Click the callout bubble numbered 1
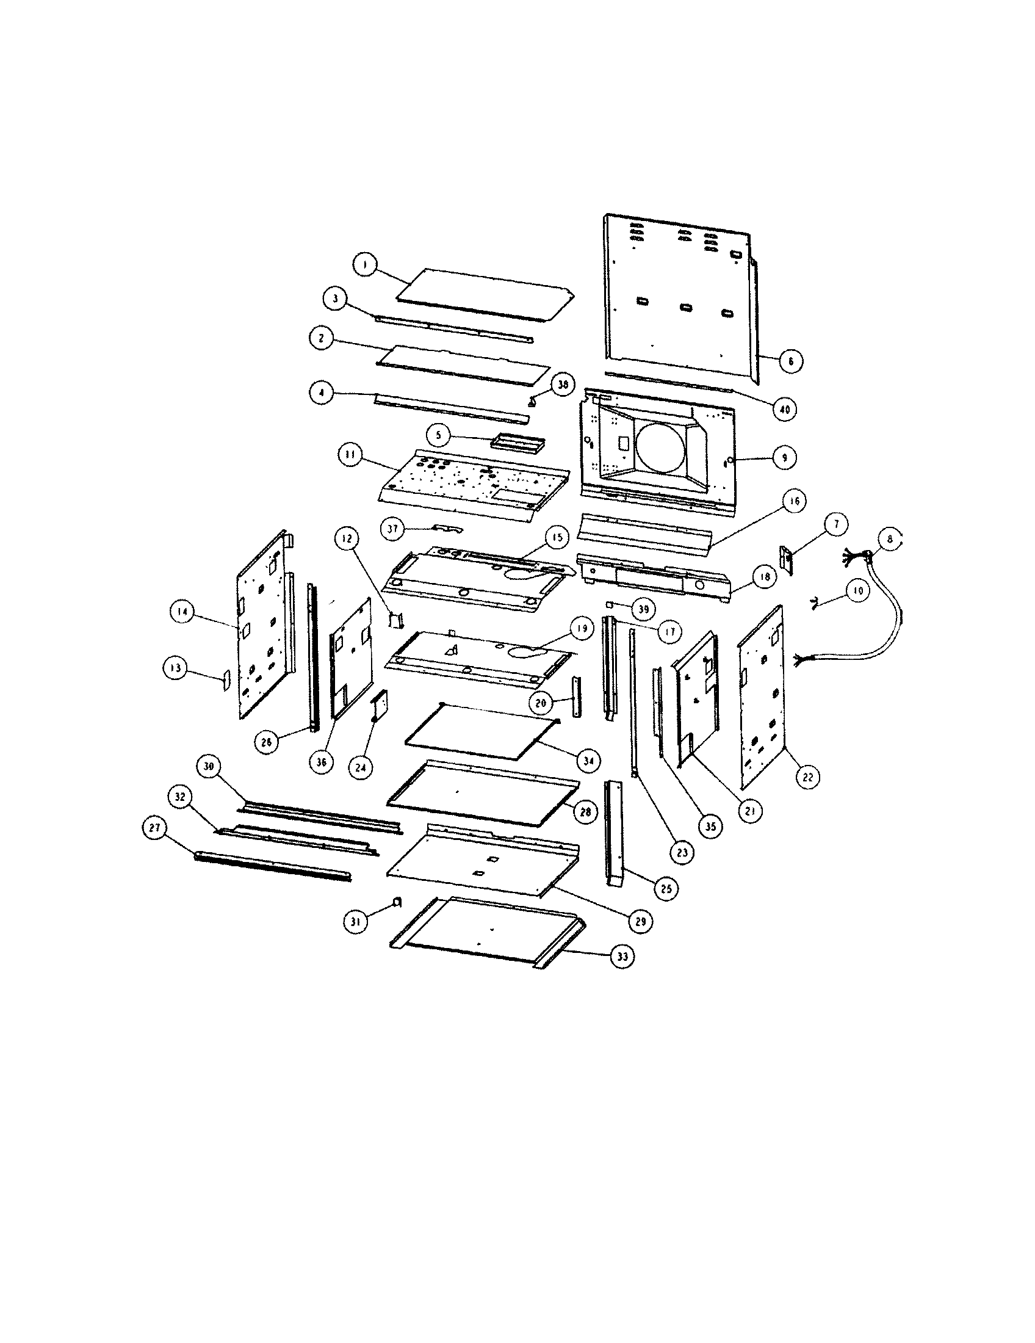point(364,265)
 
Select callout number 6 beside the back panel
point(790,361)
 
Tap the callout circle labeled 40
point(785,409)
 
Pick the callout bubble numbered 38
point(563,385)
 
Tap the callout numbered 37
point(392,529)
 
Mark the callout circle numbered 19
point(582,628)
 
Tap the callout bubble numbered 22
point(807,777)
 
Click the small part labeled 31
point(397,902)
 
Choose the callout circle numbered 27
point(154,828)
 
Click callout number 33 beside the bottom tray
point(622,957)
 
